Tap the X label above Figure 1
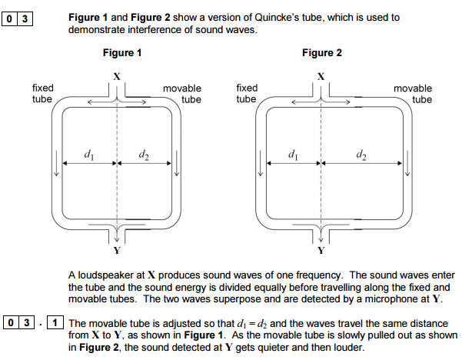tap(117, 75)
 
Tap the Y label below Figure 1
tap(117, 251)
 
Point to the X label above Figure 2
tap(321, 75)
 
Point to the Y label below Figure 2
tap(321, 251)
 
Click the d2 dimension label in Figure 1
tap(145, 156)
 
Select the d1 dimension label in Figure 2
tap(293, 156)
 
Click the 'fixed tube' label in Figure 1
tap(42, 94)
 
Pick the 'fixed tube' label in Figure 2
tap(246, 94)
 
